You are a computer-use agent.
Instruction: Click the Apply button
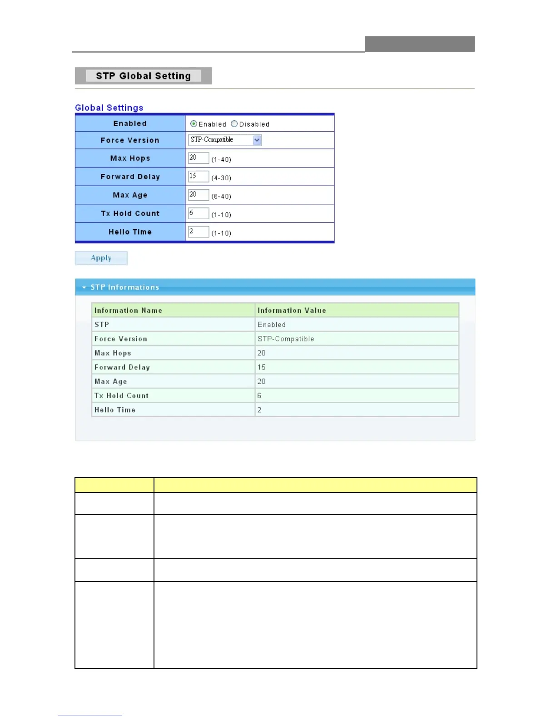point(101,258)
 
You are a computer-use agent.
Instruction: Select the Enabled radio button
point(194,124)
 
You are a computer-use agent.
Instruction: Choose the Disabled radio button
point(234,124)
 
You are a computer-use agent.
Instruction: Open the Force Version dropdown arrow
point(257,140)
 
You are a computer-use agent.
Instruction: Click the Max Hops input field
point(199,158)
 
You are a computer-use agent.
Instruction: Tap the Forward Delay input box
point(199,176)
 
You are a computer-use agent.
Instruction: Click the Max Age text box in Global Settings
point(199,195)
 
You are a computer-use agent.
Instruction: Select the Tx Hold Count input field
point(199,213)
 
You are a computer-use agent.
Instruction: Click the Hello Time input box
point(199,231)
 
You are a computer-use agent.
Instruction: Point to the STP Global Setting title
point(143,76)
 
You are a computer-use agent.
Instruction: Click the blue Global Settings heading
point(109,108)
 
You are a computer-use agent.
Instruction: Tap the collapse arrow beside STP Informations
point(84,287)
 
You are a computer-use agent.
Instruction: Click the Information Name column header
point(128,310)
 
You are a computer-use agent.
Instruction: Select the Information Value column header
point(292,310)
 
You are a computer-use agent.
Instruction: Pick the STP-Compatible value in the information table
point(286,339)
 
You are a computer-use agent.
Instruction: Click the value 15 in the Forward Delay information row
point(262,367)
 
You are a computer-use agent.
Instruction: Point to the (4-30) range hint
point(221,178)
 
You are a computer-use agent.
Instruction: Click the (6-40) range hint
point(221,197)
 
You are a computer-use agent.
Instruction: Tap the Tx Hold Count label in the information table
point(121,396)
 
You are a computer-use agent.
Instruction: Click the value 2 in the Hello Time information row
point(259,410)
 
